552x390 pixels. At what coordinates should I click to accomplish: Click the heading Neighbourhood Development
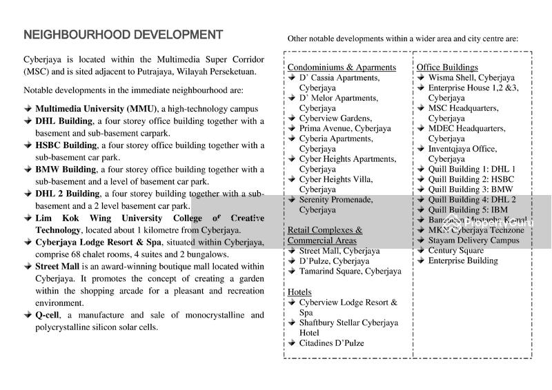[x=123, y=35]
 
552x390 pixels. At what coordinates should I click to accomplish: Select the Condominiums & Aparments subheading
[x=342, y=67]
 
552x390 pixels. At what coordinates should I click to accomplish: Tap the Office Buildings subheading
[x=447, y=67]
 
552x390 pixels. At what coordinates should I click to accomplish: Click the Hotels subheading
[x=299, y=292]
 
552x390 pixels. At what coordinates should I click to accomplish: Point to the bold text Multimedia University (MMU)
[x=97, y=109]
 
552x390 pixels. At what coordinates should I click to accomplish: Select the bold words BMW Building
[x=66, y=170]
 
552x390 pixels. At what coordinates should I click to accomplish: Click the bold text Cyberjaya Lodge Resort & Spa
[x=98, y=242]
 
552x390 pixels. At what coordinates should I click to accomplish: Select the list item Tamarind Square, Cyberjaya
[x=350, y=271]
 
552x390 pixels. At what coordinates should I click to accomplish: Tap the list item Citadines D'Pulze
[x=331, y=342]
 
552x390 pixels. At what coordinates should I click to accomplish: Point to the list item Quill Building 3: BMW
[x=471, y=189]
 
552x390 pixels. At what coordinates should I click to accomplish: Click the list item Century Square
[x=455, y=250]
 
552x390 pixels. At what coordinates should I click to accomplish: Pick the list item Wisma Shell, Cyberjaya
[x=471, y=77]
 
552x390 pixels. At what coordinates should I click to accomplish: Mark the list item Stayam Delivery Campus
[x=473, y=240]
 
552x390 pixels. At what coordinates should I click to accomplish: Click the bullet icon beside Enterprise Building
[x=420, y=260]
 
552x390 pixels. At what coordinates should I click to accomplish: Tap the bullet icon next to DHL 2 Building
[x=28, y=194]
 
